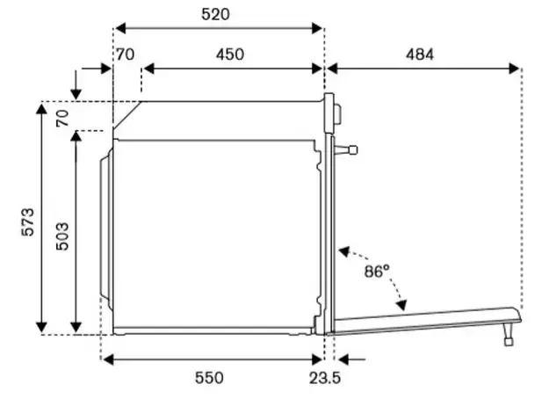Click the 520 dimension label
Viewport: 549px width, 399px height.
(216, 14)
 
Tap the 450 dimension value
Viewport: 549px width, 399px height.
(230, 54)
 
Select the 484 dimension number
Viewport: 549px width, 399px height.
(420, 54)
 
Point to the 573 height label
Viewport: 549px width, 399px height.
(28, 222)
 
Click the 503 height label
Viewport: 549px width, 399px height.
(62, 236)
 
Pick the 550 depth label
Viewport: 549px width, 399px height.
(209, 378)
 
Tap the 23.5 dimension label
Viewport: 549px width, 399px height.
(324, 378)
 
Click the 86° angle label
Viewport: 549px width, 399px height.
(377, 272)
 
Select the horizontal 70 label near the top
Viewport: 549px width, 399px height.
(126, 54)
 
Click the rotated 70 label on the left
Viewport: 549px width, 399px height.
(62, 118)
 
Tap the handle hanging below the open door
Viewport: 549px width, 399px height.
(508, 334)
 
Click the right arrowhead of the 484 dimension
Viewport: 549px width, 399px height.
(514, 69)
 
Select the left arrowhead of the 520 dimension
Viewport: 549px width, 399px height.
(120, 28)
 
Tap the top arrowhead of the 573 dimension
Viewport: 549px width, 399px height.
(41, 109)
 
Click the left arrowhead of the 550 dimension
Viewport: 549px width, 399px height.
(108, 359)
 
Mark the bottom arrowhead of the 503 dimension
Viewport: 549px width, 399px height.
(76, 327)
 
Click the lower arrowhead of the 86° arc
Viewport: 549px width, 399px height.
(401, 305)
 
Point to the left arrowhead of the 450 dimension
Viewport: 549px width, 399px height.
(148, 69)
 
